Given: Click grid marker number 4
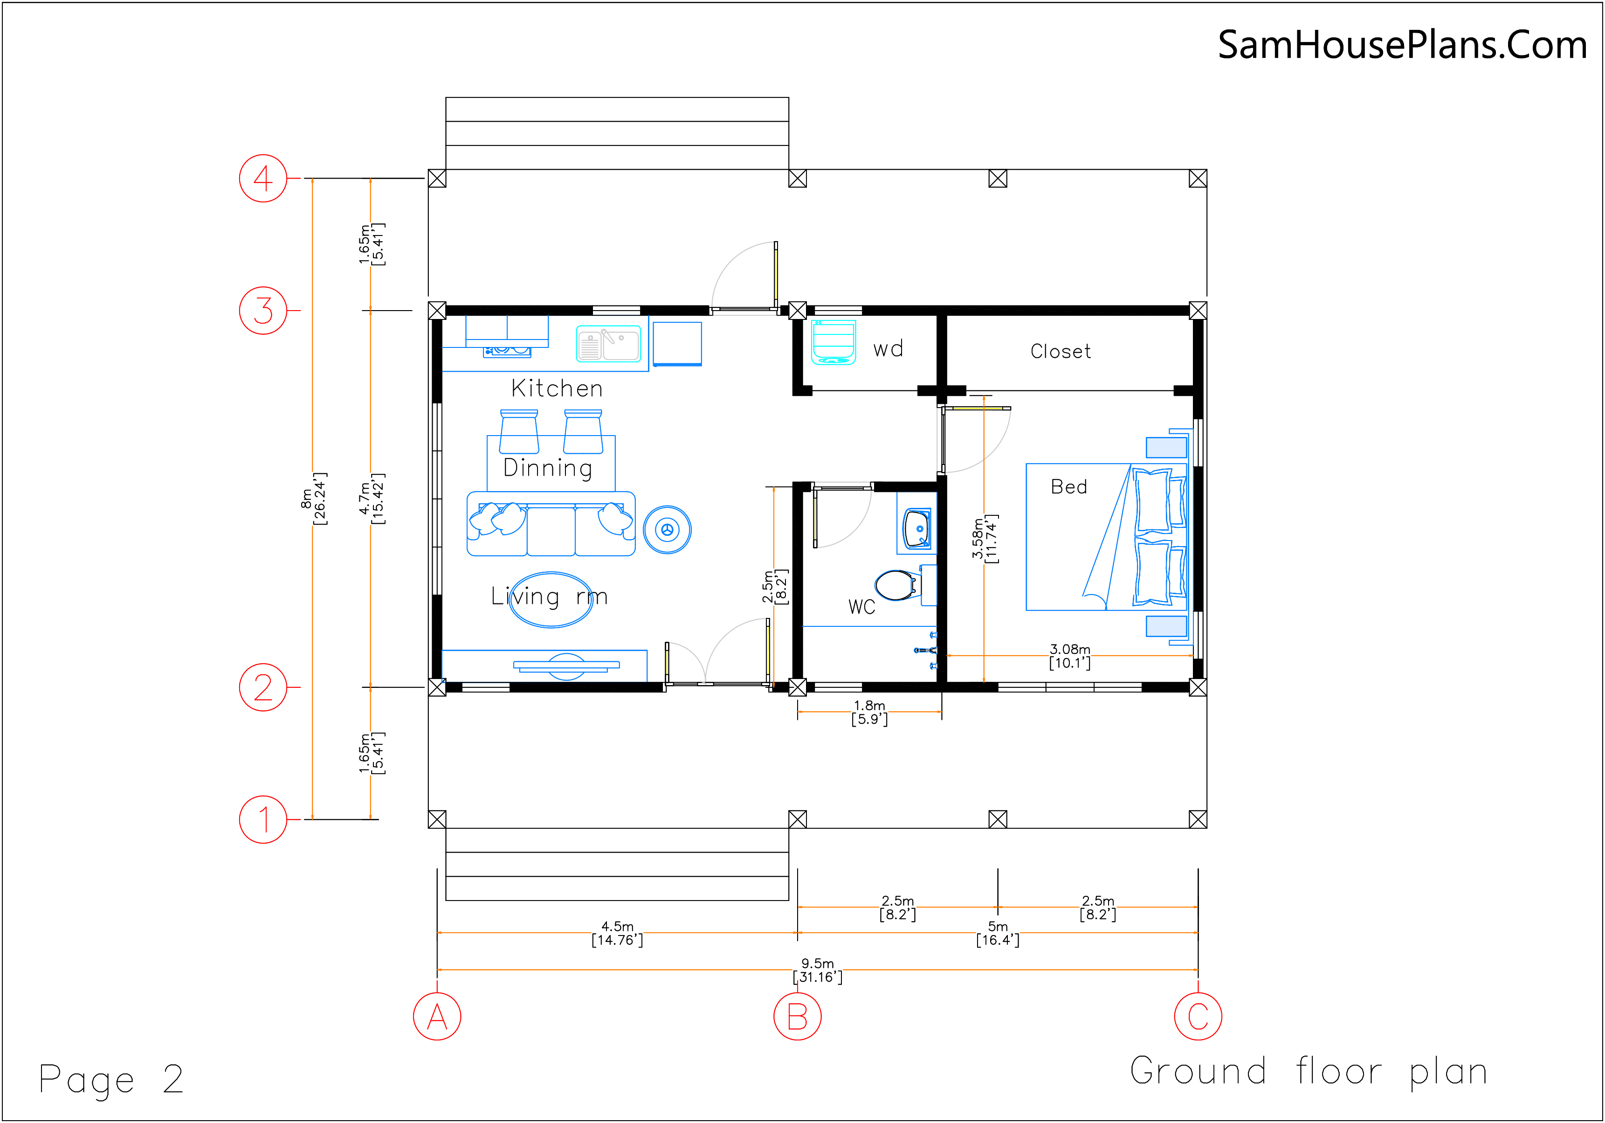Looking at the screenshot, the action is [263, 178].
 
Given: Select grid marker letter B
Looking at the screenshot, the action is [797, 1016].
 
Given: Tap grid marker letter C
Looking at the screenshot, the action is [1198, 1016].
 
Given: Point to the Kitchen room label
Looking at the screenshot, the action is [557, 388].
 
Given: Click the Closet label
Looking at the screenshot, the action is [1061, 351].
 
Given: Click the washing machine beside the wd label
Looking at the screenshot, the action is [833, 342].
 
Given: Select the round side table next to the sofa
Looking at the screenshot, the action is [667, 529].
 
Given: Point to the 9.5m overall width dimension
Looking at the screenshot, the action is [817, 970].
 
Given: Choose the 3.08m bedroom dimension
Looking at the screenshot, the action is [1069, 656].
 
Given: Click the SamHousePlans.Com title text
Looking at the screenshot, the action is [1402, 45].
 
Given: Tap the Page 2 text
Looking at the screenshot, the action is [111, 1079].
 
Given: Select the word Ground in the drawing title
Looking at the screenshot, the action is [1198, 1071].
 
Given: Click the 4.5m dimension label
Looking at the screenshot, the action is [617, 933].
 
